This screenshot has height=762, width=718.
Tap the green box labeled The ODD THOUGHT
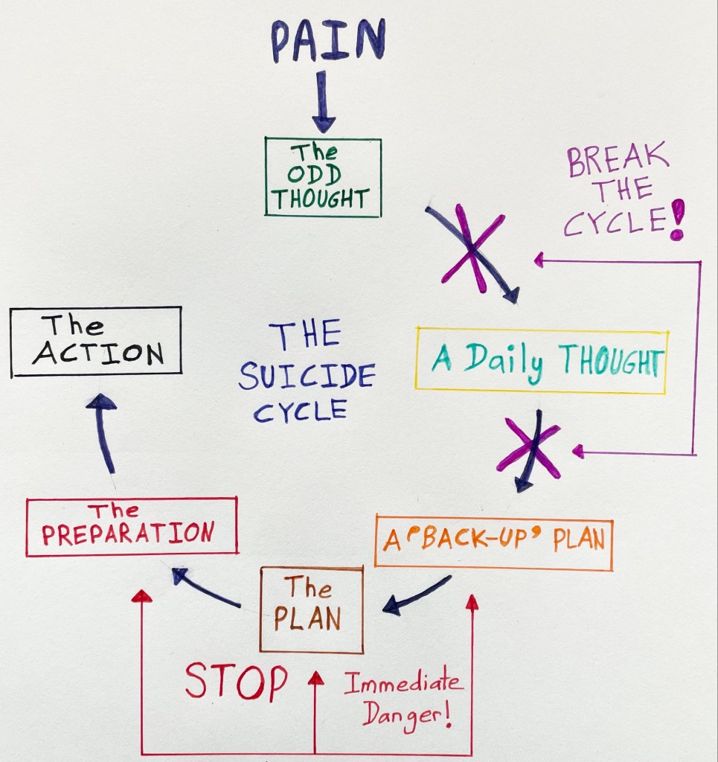322,177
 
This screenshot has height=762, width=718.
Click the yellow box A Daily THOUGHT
541,360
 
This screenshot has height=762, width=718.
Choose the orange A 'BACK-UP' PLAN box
493,541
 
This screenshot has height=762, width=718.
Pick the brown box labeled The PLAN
312,609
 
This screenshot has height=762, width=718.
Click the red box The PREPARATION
131,527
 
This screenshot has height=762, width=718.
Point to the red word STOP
236,681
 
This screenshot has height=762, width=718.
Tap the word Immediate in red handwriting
403,683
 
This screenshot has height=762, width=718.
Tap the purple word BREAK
618,160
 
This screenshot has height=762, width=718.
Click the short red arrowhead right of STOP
315,679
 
